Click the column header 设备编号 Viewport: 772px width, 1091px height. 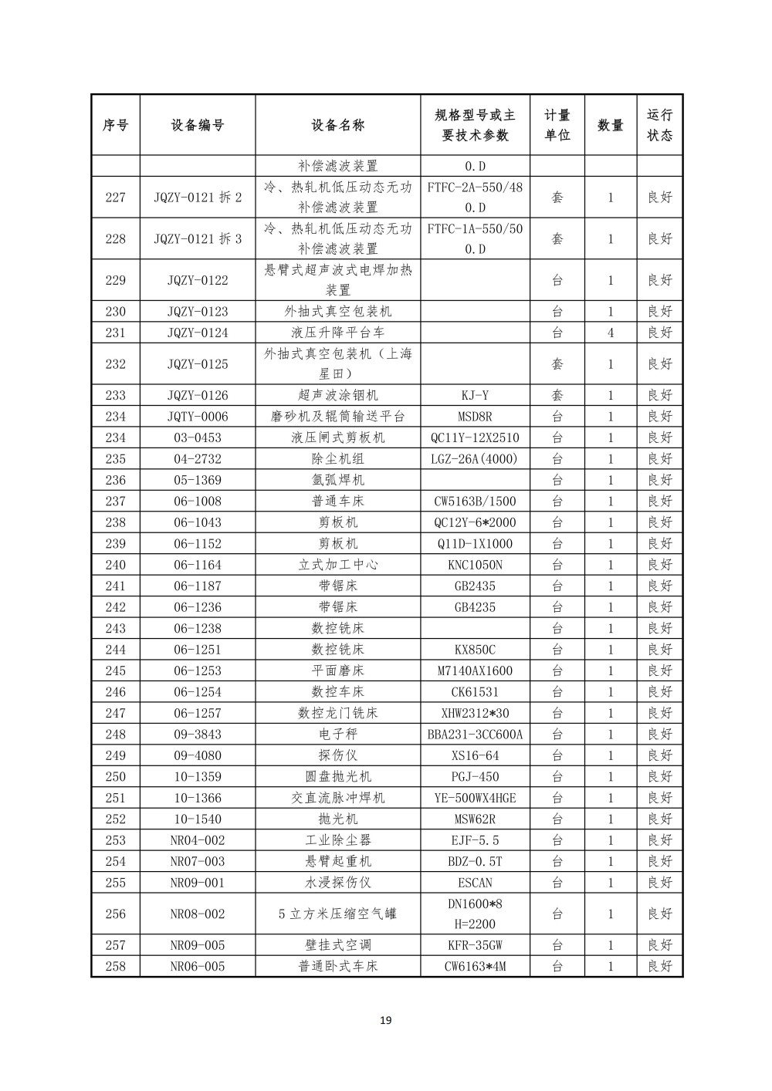(198, 125)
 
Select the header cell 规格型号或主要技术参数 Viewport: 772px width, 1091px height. (475, 125)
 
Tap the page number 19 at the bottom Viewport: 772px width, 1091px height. (386, 1021)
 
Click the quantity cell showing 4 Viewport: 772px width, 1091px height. (610, 333)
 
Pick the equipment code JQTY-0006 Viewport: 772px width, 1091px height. (198, 417)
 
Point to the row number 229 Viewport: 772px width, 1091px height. (115, 280)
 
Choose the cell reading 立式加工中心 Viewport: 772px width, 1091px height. (338, 565)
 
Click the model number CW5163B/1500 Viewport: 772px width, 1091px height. (475, 502)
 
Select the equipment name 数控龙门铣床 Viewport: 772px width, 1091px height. (338, 713)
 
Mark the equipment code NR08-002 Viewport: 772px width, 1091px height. (198, 914)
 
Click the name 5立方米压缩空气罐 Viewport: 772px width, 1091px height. (338, 914)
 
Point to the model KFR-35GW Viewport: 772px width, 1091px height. (475, 944)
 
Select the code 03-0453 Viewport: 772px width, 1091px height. (198, 437)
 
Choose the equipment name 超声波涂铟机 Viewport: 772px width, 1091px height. (338, 395)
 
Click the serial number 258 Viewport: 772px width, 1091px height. (115, 966)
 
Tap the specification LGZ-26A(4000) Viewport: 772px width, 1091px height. (475, 459)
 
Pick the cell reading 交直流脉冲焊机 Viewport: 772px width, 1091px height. (338, 798)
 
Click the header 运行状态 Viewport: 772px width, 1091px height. (659, 125)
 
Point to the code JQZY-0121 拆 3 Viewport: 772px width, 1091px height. (198, 239)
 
